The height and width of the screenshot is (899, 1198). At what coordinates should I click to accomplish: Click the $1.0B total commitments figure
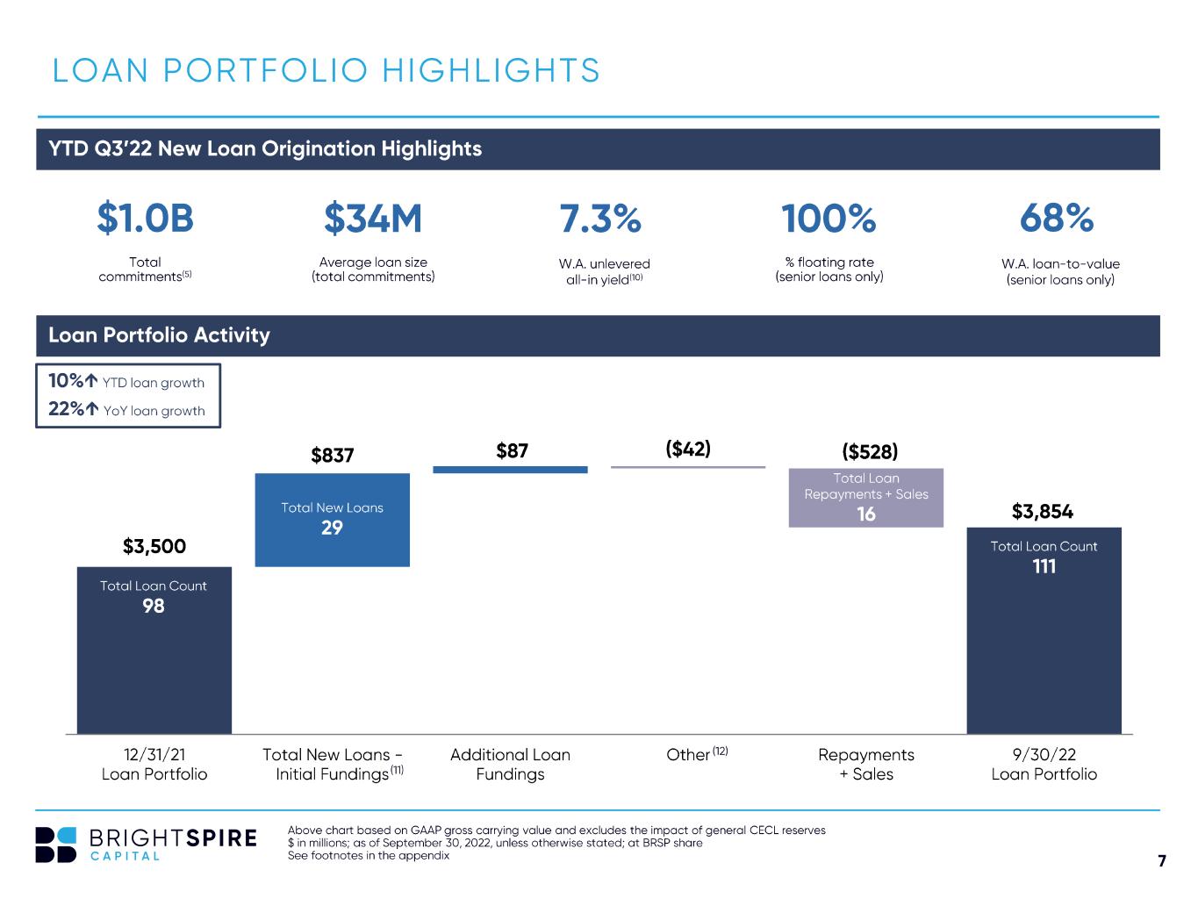point(145,219)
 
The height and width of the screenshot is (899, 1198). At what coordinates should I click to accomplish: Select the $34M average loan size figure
point(373,219)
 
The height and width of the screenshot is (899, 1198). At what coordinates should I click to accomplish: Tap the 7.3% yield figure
point(600,219)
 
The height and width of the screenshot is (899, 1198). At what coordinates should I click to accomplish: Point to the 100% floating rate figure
point(829,219)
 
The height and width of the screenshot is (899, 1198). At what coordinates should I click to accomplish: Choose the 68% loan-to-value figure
point(1057,219)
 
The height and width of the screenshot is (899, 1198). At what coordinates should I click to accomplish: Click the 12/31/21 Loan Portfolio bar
point(154,650)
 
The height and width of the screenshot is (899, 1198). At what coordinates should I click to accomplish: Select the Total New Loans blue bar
point(333,520)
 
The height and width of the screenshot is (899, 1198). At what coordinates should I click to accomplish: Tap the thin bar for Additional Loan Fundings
point(510,470)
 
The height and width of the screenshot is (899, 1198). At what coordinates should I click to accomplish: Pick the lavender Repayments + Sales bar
point(866,498)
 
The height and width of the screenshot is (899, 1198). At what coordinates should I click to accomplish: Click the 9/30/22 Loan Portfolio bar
point(1044,630)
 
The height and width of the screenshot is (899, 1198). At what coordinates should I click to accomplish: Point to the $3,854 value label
point(1043,512)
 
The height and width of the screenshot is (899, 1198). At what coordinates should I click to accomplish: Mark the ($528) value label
point(870,451)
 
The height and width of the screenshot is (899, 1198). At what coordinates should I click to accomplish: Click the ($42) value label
point(688,449)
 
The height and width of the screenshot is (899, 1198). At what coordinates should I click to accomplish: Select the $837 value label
point(333,456)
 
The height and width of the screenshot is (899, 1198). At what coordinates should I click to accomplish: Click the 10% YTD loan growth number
point(66,380)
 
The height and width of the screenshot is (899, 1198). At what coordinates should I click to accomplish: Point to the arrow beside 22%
point(92,408)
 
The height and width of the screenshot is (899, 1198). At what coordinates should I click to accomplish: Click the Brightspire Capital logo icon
point(55,845)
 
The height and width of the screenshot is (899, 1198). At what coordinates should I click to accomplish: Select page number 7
point(1162,860)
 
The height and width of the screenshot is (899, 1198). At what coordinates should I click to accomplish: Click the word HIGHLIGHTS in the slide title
point(491,71)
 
